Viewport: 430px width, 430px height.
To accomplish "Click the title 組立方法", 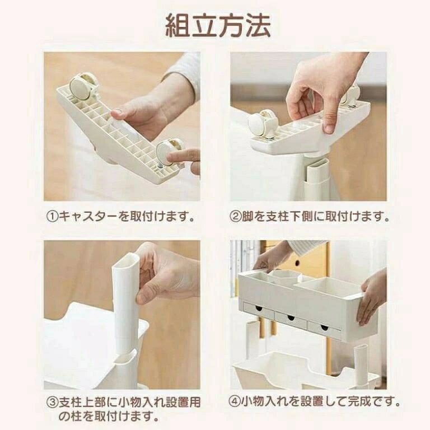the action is (x=218, y=26).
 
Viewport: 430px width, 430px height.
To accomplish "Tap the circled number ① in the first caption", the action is (x=52, y=217).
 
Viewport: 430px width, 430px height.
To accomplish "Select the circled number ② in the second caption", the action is (x=235, y=217).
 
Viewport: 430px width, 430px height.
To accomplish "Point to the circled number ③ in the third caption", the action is (x=52, y=403).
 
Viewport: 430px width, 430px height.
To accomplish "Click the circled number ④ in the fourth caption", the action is (x=235, y=402).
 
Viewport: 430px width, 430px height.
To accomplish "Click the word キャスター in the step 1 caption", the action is (x=88, y=217).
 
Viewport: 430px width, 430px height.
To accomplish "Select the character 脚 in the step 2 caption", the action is (x=247, y=217).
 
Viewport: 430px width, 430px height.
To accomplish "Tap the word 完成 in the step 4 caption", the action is (x=360, y=402).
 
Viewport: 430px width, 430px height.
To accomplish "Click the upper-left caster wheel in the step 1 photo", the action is (x=81, y=87).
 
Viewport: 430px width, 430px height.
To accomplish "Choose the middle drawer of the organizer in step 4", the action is (x=291, y=319).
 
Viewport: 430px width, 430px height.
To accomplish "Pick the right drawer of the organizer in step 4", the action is (x=324, y=328).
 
